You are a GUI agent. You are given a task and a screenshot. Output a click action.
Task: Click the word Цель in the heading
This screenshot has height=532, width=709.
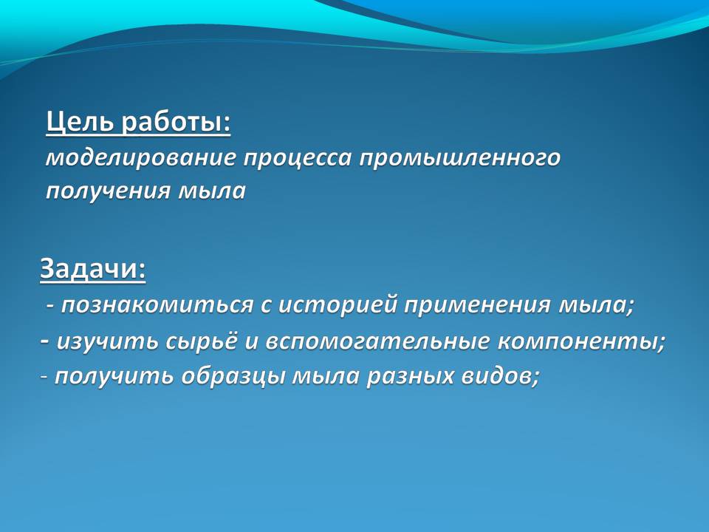(81, 122)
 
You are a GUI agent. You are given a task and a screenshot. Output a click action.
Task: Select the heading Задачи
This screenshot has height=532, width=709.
(93, 269)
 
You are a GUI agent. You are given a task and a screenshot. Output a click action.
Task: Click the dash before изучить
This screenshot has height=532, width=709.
(44, 340)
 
